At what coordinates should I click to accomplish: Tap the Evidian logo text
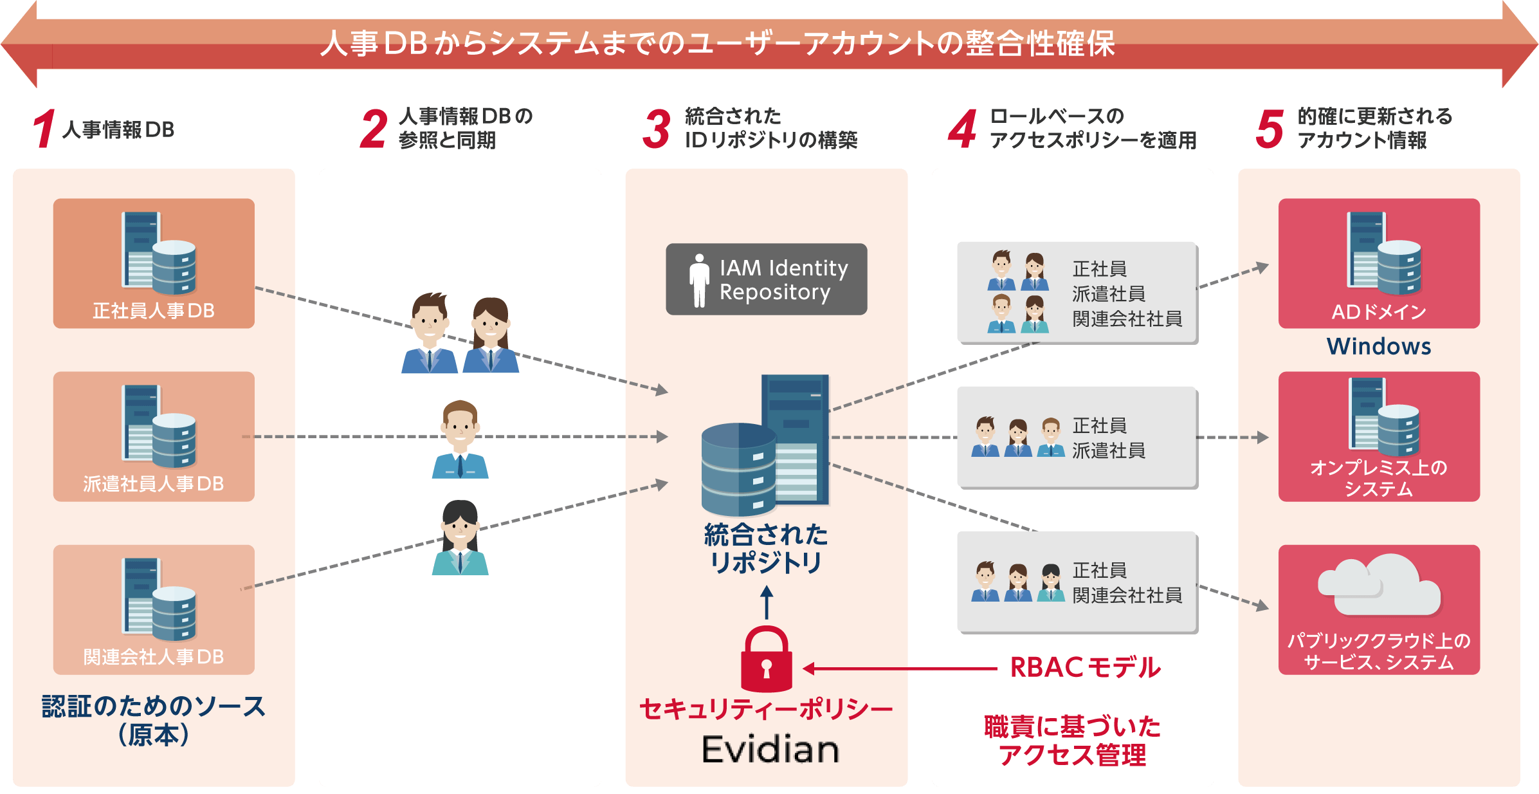coord(770,750)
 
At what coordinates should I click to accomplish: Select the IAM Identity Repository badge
coord(766,279)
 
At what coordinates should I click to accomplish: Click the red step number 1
coord(44,129)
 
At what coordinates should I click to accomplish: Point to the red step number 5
coord(1270,129)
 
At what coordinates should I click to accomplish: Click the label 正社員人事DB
coord(154,311)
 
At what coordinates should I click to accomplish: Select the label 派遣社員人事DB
coord(154,484)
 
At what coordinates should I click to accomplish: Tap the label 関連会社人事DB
coord(154,657)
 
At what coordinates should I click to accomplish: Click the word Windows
coord(1379,347)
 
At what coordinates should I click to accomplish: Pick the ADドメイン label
coord(1379,312)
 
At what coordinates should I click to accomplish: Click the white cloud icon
coord(1379,586)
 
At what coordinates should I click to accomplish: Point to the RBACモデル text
coord(1086,668)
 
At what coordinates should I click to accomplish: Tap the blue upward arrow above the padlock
coord(766,602)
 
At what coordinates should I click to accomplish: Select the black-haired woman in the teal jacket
coord(460,538)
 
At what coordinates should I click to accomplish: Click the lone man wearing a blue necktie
coord(460,440)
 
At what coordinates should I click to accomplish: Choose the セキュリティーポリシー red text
coord(766,710)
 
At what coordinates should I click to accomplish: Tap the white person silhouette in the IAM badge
coord(699,280)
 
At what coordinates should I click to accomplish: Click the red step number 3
coord(657,129)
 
